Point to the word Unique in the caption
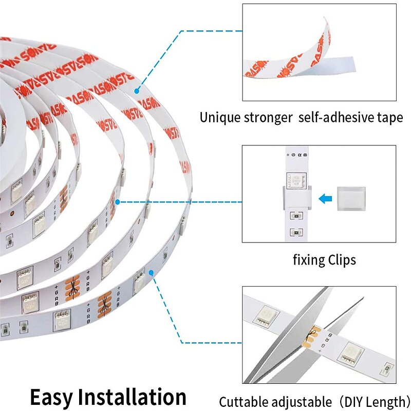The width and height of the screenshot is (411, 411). tap(221, 118)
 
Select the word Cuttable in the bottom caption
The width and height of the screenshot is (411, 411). tap(244, 401)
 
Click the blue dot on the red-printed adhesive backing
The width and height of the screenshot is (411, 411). tap(137, 91)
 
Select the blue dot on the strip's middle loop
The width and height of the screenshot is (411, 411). tap(118, 202)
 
